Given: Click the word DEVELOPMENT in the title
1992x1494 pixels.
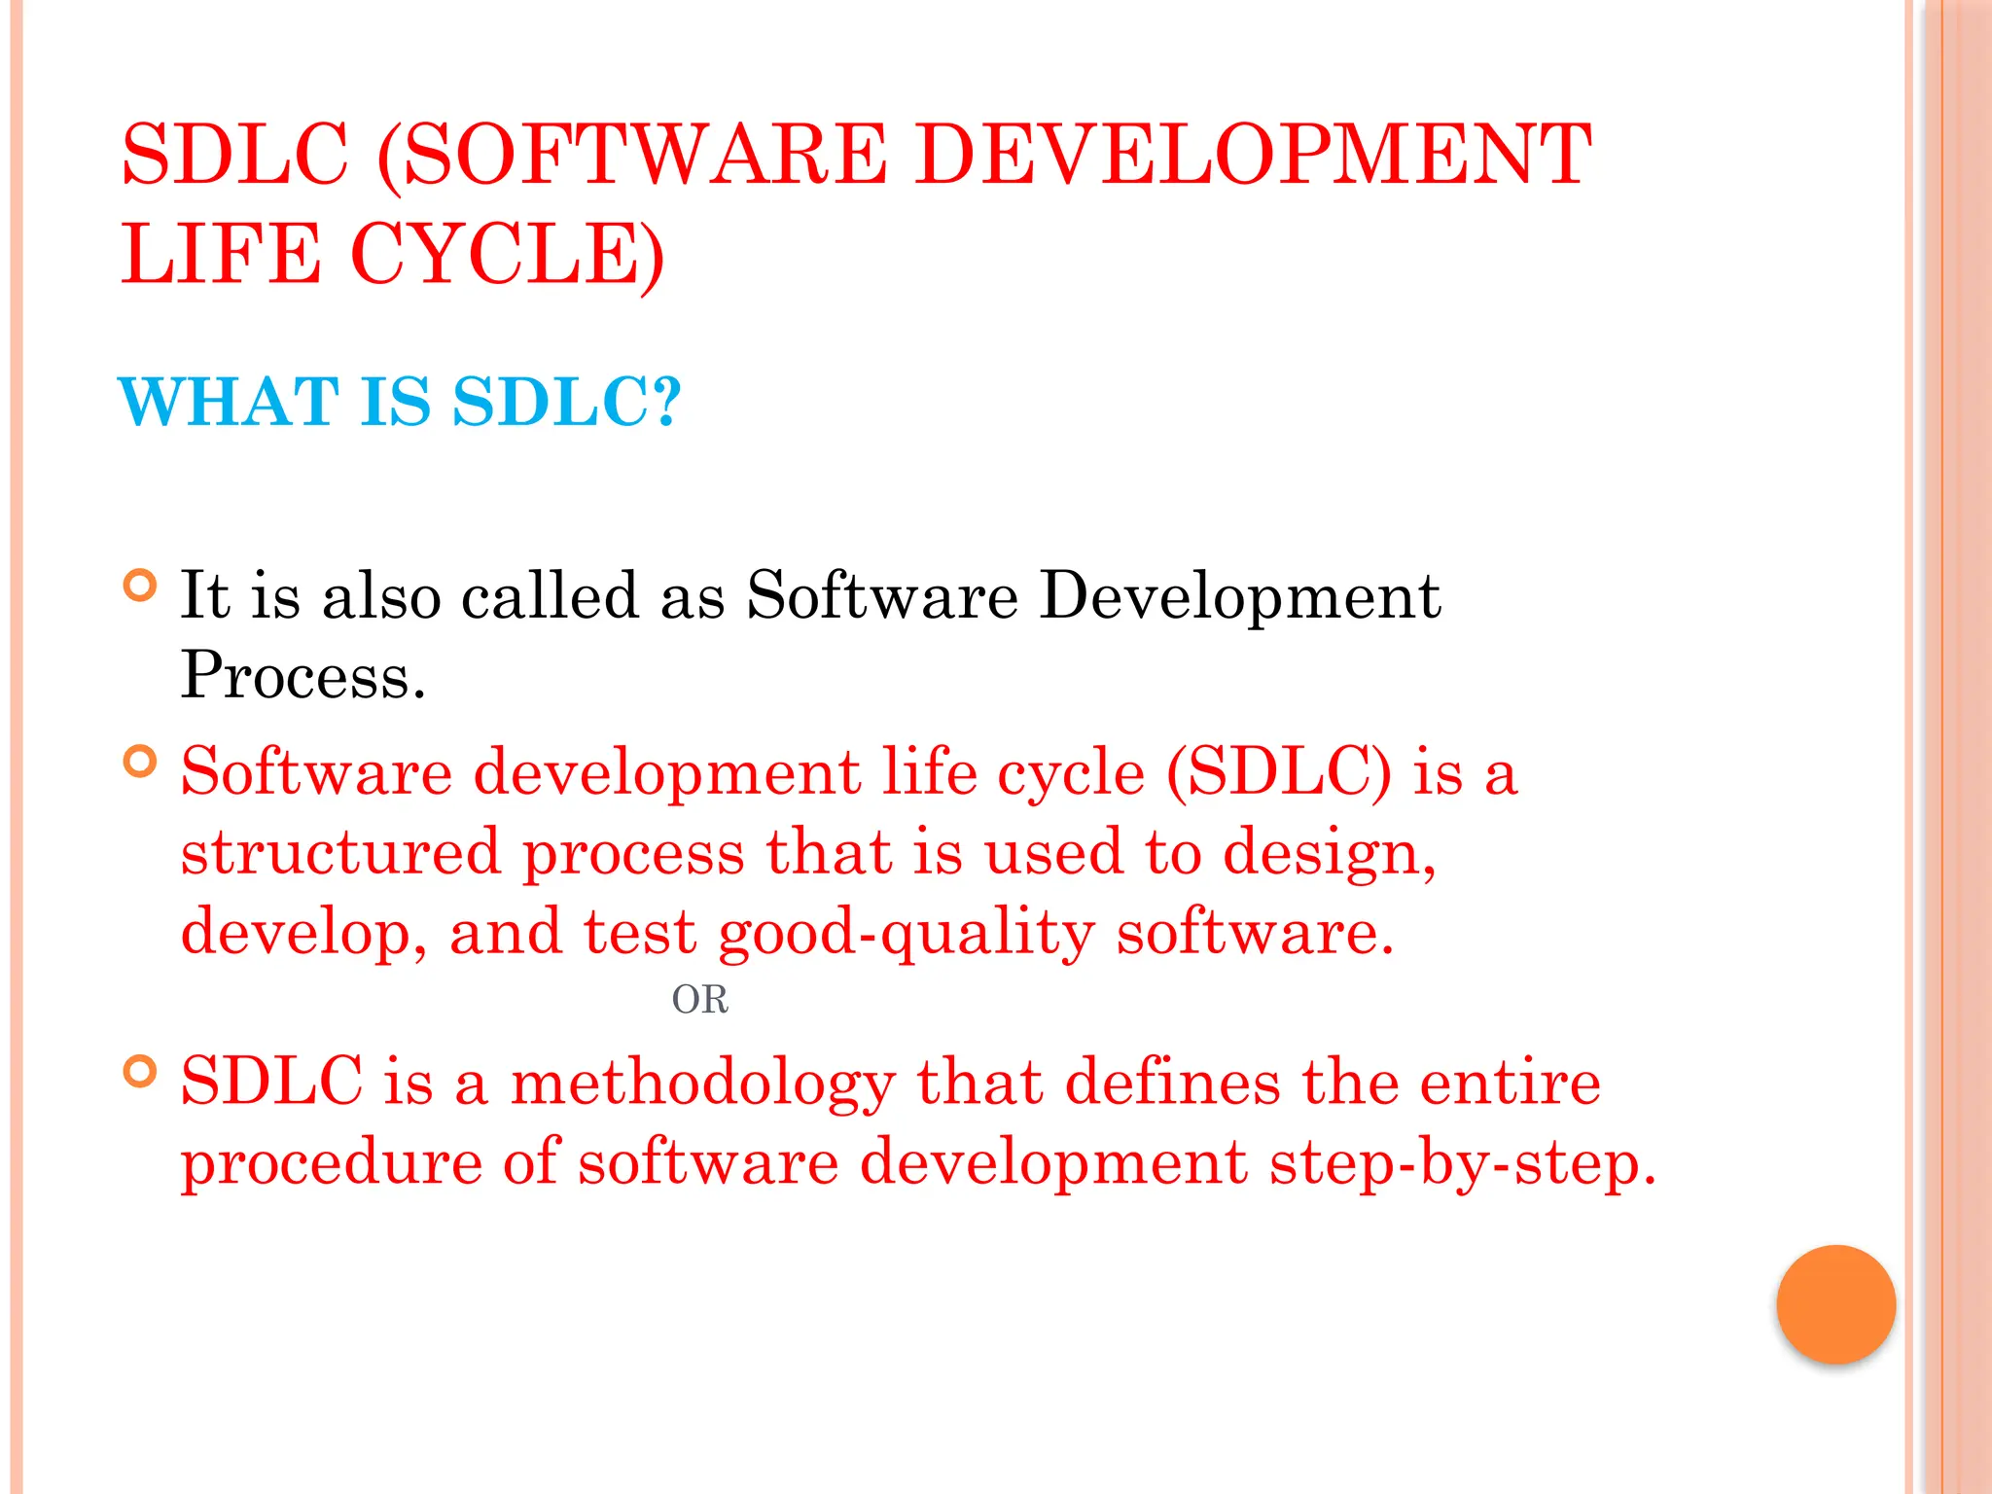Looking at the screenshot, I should pyautogui.click(x=1253, y=155).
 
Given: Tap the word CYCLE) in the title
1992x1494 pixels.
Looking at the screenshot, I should pyautogui.click(x=507, y=254).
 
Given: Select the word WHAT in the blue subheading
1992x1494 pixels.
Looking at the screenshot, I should pyautogui.click(x=229, y=402).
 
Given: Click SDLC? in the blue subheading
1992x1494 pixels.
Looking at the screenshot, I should pyautogui.click(x=567, y=402).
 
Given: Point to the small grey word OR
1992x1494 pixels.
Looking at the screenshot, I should pyautogui.click(x=699, y=1000).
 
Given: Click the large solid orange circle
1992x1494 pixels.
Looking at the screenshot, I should pyautogui.click(x=1835, y=1304).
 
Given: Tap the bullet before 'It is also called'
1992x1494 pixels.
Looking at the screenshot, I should pyautogui.click(x=141, y=586).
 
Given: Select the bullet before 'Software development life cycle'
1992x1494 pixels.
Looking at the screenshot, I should pyautogui.click(x=141, y=762).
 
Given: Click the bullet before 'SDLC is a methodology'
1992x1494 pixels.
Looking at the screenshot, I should pyautogui.click(x=141, y=1072).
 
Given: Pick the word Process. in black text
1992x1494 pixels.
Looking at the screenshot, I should pyautogui.click(x=303, y=674).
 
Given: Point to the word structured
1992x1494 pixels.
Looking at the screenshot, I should pyautogui.click(x=340, y=853).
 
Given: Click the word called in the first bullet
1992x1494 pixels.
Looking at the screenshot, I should pyautogui.click(x=550, y=595).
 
